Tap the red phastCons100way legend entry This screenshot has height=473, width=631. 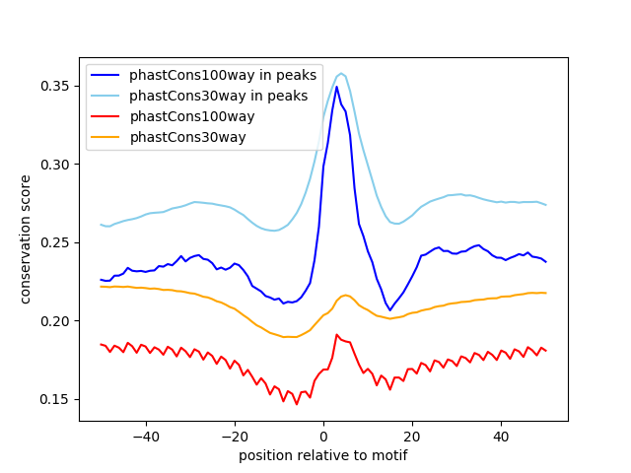click(192, 116)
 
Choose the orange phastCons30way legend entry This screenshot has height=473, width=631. click(187, 137)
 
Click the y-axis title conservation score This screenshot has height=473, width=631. click(27, 239)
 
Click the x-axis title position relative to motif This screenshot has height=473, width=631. click(323, 455)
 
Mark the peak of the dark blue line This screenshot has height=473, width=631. click(336, 87)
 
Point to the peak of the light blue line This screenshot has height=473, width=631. click(341, 73)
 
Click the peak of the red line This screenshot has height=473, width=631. click(336, 335)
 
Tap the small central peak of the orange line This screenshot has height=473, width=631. click(345, 295)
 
